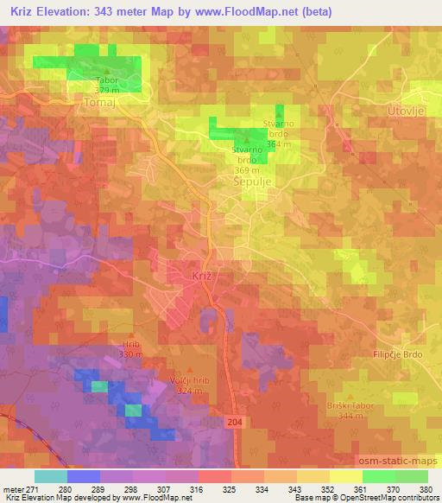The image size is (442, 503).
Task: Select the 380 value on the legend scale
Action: pos(426,488)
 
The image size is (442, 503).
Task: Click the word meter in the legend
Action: pos(12,488)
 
